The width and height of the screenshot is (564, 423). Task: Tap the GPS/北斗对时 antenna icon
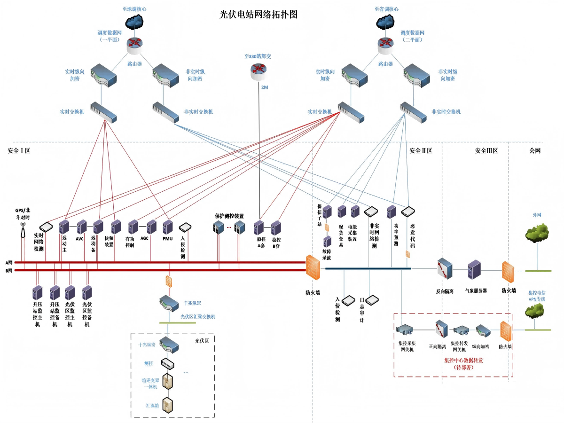22,228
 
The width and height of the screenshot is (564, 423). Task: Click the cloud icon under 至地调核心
135,22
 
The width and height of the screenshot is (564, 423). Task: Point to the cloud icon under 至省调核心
386,22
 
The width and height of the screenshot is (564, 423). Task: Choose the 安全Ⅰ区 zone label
19,151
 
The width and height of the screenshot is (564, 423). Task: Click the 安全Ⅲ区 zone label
486,151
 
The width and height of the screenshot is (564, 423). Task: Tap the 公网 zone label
534,151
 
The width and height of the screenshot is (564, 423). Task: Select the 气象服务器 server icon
473,270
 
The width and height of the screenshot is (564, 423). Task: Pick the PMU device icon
168,227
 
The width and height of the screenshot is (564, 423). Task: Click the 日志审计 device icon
371,299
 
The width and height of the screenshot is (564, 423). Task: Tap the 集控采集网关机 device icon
404,329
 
